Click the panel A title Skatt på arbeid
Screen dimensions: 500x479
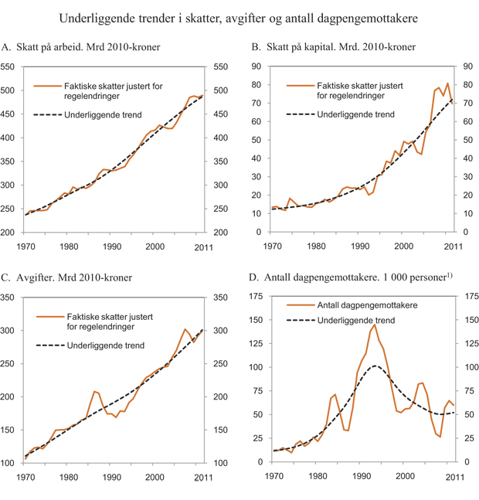coord(82,48)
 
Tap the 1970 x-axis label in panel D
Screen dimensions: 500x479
coord(273,476)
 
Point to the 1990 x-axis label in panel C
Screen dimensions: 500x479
coord(111,476)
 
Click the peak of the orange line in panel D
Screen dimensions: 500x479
coord(375,325)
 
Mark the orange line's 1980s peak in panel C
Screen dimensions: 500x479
coord(94,391)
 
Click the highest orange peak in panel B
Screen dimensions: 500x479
coord(447,83)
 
